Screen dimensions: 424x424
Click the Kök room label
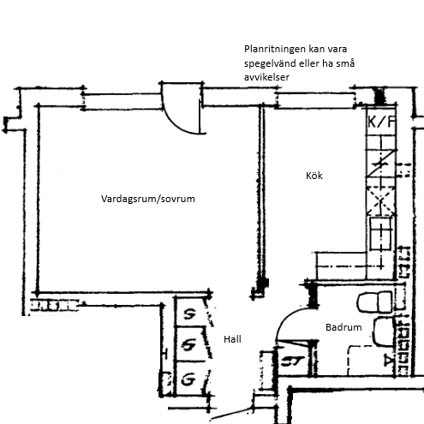coord(314,176)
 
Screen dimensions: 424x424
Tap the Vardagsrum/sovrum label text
coord(148,199)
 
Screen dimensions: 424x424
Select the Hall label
coord(232,339)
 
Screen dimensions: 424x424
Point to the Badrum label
coord(343,327)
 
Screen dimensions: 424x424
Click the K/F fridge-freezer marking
coord(382,122)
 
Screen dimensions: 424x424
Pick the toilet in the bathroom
coord(374,302)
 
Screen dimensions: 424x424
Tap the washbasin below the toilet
coord(384,331)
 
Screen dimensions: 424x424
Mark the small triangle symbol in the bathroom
coord(388,361)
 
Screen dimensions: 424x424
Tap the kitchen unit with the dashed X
coord(381,200)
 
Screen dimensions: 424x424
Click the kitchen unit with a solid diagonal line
coord(381,164)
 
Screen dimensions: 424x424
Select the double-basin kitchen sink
coord(380,234)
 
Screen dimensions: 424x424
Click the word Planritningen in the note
coord(269,50)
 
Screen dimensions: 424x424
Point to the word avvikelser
coord(266,77)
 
